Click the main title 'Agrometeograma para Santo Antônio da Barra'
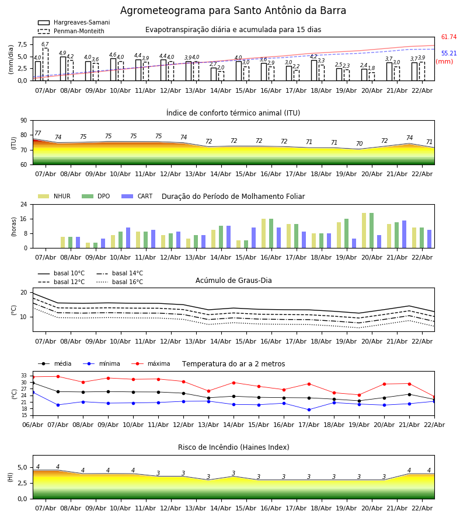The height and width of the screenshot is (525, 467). click(x=233, y=11)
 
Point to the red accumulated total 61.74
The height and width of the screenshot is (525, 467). click(x=448, y=37)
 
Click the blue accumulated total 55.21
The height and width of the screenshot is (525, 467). click(x=448, y=54)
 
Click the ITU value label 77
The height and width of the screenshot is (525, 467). click(x=38, y=134)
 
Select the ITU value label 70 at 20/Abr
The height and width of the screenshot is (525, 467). click(x=359, y=144)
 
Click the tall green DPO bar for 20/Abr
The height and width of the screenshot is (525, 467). click(x=371, y=230)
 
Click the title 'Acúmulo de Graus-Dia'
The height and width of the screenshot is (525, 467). click(x=233, y=281)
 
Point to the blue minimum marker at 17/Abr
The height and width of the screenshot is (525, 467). click(x=309, y=409)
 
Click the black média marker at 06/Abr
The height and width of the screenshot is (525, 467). click(x=33, y=383)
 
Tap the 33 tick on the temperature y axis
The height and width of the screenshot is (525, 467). click(x=24, y=376)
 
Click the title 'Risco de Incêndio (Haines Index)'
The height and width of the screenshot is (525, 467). click(x=233, y=447)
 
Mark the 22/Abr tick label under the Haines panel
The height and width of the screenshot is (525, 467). click(x=421, y=508)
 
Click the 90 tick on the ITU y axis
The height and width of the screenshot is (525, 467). click(x=23, y=120)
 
